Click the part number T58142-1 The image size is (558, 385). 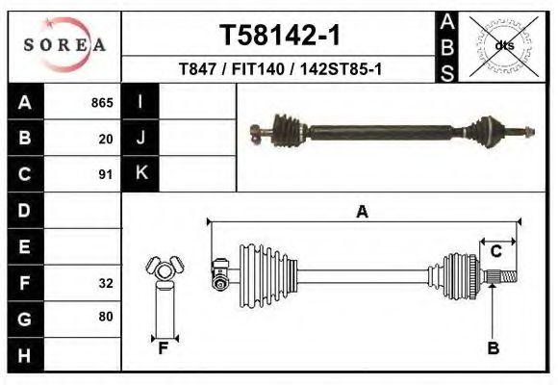pyautogui.click(x=279, y=36)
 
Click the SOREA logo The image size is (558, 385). pyautogui.click(x=64, y=45)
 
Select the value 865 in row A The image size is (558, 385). pyautogui.click(x=102, y=103)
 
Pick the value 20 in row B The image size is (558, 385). pyautogui.click(x=106, y=139)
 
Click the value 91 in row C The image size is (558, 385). pyautogui.click(x=106, y=175)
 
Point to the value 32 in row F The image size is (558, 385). pyautogui.click(x=106, y=284)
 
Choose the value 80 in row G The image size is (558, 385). pyautogui.click(x=106, y=317)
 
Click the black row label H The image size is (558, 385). pyautogui.click(x=24, y=354)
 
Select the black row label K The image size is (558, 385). pyautogui.click(x=140, y=173)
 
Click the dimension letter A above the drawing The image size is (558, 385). pyautogui.click(x=363, y=213)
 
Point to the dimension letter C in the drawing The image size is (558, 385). pyautogui.click(x=496, y=251)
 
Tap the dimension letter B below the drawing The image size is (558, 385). pyautogui.click(x=493, y=348)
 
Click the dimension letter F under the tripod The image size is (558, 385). pyautogui.click(x=164, y=348)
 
